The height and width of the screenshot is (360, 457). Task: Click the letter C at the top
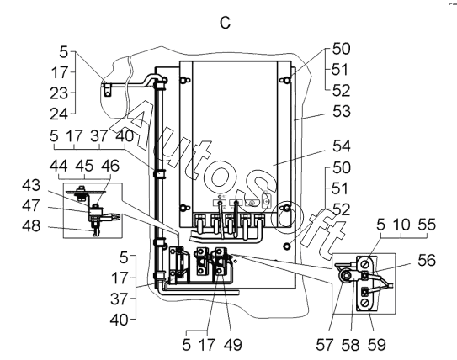(x=225, y=23)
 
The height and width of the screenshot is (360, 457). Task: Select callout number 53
(x=342, y=112)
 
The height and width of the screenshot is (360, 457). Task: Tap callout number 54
(x=342, y=146)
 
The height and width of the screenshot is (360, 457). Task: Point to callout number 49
(x=233, y=345)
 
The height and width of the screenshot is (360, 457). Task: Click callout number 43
(x=31, y=185)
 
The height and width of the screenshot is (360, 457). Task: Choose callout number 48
(x=31, y=225)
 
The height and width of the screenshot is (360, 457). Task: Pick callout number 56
(x=427, y=260)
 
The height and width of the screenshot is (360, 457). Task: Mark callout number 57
(x=324, y=345)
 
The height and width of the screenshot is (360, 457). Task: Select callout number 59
(x=376, y=345)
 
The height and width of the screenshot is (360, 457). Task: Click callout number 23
(x=59, y=93)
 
